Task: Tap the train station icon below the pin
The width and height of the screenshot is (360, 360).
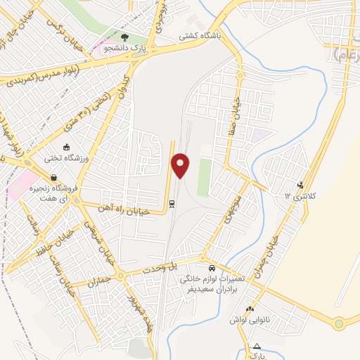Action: (172, 204)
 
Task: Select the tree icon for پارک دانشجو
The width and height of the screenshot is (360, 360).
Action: (125, 37)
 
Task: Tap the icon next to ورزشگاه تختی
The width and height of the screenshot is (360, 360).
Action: (67, 148)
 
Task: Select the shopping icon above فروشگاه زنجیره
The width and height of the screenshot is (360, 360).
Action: (53, 179)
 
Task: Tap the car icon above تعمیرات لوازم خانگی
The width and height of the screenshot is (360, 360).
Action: (211, 269)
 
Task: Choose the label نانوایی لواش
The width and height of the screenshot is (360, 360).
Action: (250, 320)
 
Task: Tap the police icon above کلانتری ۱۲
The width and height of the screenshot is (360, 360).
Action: (301, 185)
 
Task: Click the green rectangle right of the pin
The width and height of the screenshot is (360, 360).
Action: (204, 177)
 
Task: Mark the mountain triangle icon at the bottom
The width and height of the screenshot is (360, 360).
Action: (257, 345)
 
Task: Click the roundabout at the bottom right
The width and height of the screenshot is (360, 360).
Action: (340, 323)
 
